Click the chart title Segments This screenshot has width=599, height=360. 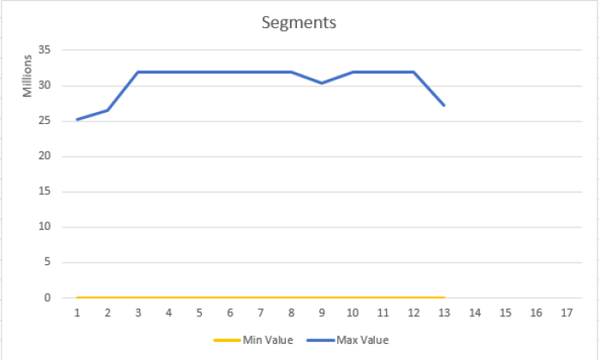coord(299,22)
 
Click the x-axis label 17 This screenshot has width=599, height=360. coord(566,313)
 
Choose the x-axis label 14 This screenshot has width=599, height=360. coord(475,313)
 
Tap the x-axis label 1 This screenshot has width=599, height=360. coord(77,313)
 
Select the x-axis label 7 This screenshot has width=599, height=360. coord(261,313)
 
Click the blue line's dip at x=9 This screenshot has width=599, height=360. coord(322,83)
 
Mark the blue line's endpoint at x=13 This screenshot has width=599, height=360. coord(444,104)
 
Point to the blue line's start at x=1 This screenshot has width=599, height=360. coord(77,120)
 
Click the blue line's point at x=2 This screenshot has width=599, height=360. coord(108,110)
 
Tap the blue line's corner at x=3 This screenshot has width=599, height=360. coord(139,72)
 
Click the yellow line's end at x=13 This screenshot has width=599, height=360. coord(444,298)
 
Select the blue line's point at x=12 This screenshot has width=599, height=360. coord(414,72)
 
